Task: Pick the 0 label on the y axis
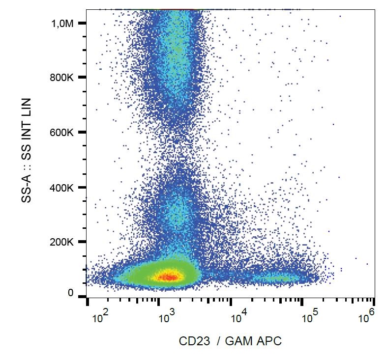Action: pyautogui.click(x=71, y=293)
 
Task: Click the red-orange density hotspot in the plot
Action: pyautogui.click(x=169, y=277)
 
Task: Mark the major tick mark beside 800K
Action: pyautogui.click(x=83, y=78)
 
